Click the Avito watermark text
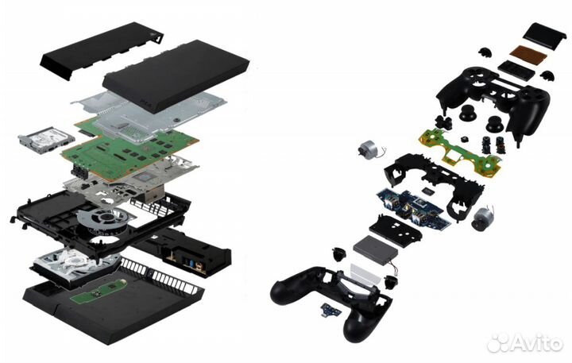pyautogui.click(x=524, y=343)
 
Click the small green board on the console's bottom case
pyautogui.click(x=99, y=291)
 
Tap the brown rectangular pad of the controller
pyautogui.click(x=528, y=53)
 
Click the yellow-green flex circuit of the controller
pyautogui.click(x=460, y=153)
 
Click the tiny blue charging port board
pyautogui.click(x=330, y=310)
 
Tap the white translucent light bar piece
pyautogui.click(x=366, y=274)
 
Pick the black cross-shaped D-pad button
pyautogui.click(x=443, y=123)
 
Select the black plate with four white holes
pyautogui.click(x=396, y=230)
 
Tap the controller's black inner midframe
pyautogui.click(x=434, y=183)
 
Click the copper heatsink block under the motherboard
pyautogui.click(x=152, y=193)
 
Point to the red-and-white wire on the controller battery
pyautogui.click(x=394, y=269)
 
